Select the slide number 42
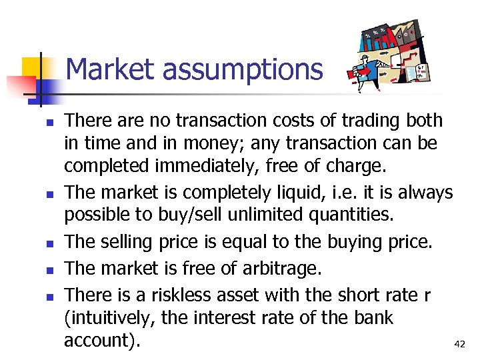click(x=459, y=344)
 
